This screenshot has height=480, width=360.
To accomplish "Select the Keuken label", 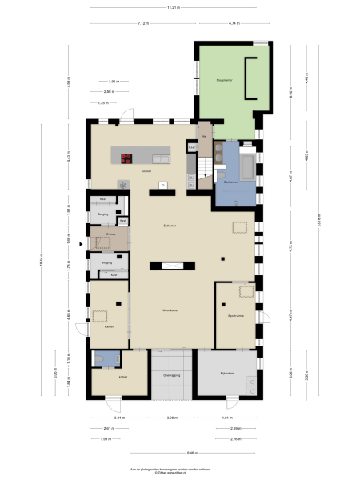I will pyautogui.click(x=146, y=172).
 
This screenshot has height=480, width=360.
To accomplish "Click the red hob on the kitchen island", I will pyautogui.click(x=127, y=157).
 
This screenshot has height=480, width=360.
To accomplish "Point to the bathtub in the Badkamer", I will pyautogui.click(x=246, y=166).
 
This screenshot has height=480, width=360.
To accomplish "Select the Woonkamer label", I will pyautogui.click(x=169, y=310).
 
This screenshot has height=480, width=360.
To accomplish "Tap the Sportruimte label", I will pyautogui.click(x=235, y=314).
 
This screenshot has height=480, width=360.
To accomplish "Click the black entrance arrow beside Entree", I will pyautogui.click(x=80, y=235).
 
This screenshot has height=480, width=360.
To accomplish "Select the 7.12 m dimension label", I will pyautogui.click(x=142, y=24).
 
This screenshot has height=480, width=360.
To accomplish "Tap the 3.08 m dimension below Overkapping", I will pyautogui.click(x=171, y=418).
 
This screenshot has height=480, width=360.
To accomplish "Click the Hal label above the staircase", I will pyautogui.click(x=204, y=136).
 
